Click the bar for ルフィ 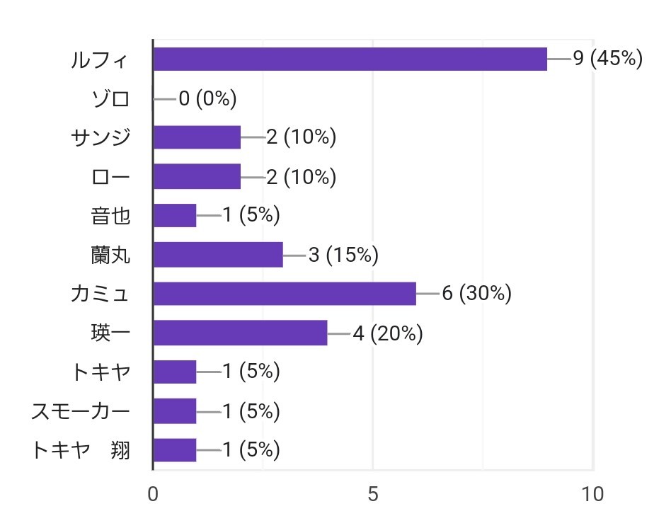(x=350, y=59)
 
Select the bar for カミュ (x=285, y=293)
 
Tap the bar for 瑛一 (x=241, y=333)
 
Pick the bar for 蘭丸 (x=218, y=254)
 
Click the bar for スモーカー (x=175, y=411)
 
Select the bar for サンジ (x=197, y=137)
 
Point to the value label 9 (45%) (x=607, y=59)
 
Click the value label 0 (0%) (x=207, y=98)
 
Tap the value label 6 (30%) (x=476, y=293)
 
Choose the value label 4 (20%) (x=387, y=333)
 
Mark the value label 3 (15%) (x=343, y=254)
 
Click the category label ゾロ (x=111, y=98)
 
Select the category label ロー (x=111, y=176)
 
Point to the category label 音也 (x=111, y=215)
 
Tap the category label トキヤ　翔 (x=81, y=449)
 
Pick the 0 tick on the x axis (x=153, y=494)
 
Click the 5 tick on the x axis (x=373, y=494)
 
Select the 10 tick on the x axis (x=592, y=494)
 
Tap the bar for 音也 (x=175, y=215)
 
